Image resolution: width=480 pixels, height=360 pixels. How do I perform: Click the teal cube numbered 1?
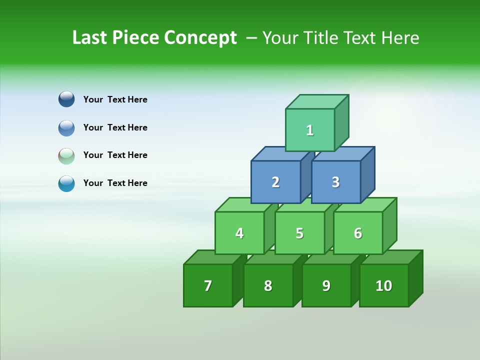[x=310, y=130]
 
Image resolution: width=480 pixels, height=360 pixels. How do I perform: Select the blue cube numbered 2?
[x=275, y=182]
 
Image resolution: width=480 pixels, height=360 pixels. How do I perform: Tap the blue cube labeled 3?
[x=335, y=182]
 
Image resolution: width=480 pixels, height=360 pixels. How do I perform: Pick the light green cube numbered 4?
[x=239, y=233]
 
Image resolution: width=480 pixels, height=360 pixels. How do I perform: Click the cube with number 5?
[x=299, y=233]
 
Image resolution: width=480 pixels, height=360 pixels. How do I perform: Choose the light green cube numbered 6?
[x=358, y=233]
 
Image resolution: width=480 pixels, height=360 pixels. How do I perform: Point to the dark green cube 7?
[x=208, y=285]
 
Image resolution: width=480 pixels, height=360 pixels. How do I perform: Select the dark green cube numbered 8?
[x=268, y=285]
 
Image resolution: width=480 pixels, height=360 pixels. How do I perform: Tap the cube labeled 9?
[x=326, y=285]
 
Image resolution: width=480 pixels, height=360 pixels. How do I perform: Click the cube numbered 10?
[x=383, y=285]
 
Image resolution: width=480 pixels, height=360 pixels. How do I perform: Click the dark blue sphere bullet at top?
[x=66, y=99]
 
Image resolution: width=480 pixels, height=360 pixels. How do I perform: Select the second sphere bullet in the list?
[x=66, y=127]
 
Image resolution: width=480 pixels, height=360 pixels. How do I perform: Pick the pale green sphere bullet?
[x=66, y=155]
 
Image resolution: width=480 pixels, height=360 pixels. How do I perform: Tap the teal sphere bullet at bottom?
[x=66, y=183]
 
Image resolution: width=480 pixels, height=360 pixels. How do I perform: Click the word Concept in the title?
[x=200, y=38]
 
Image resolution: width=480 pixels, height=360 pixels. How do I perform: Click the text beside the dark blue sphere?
[x=115, y=99]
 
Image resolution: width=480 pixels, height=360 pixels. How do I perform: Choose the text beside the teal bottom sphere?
[x=115, y=183]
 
